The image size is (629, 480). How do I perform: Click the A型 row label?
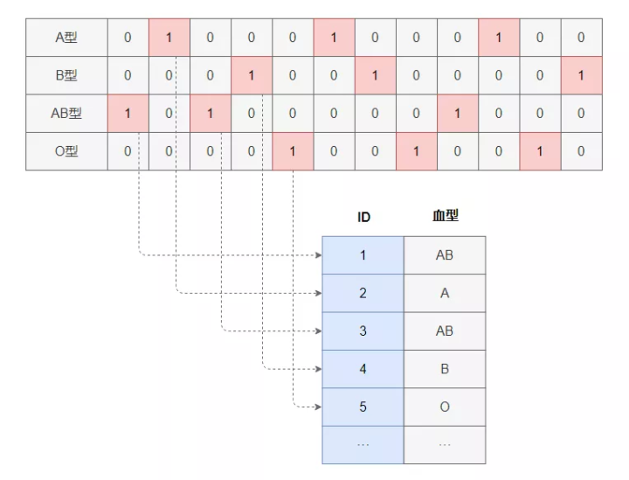[66, 38]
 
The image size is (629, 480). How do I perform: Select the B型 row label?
[66, 75]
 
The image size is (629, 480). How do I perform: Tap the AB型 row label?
[66, 113]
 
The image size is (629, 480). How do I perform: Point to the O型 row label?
[66, 150]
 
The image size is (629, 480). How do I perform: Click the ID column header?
[363, 217]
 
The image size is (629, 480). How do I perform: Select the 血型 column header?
[445, 216]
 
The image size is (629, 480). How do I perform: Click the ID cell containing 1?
[363, 255]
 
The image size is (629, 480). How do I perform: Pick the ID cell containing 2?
[363, 294]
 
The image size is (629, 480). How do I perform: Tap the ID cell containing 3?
[363, 331]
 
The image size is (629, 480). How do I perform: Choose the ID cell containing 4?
[363, 369]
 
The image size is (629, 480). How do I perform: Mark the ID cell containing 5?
[363, 407]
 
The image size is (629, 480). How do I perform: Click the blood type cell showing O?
[445, 407]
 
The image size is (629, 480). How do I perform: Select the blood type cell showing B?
[445, 369]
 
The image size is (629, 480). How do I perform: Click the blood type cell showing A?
[445, 294]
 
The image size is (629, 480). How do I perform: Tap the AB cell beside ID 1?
[445, 255]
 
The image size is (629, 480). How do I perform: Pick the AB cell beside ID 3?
[445, 331]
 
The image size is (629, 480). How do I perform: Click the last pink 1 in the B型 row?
[581, 75]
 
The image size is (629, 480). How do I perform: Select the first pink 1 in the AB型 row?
[128, 113]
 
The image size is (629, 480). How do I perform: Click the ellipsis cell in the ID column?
[363, 444]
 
